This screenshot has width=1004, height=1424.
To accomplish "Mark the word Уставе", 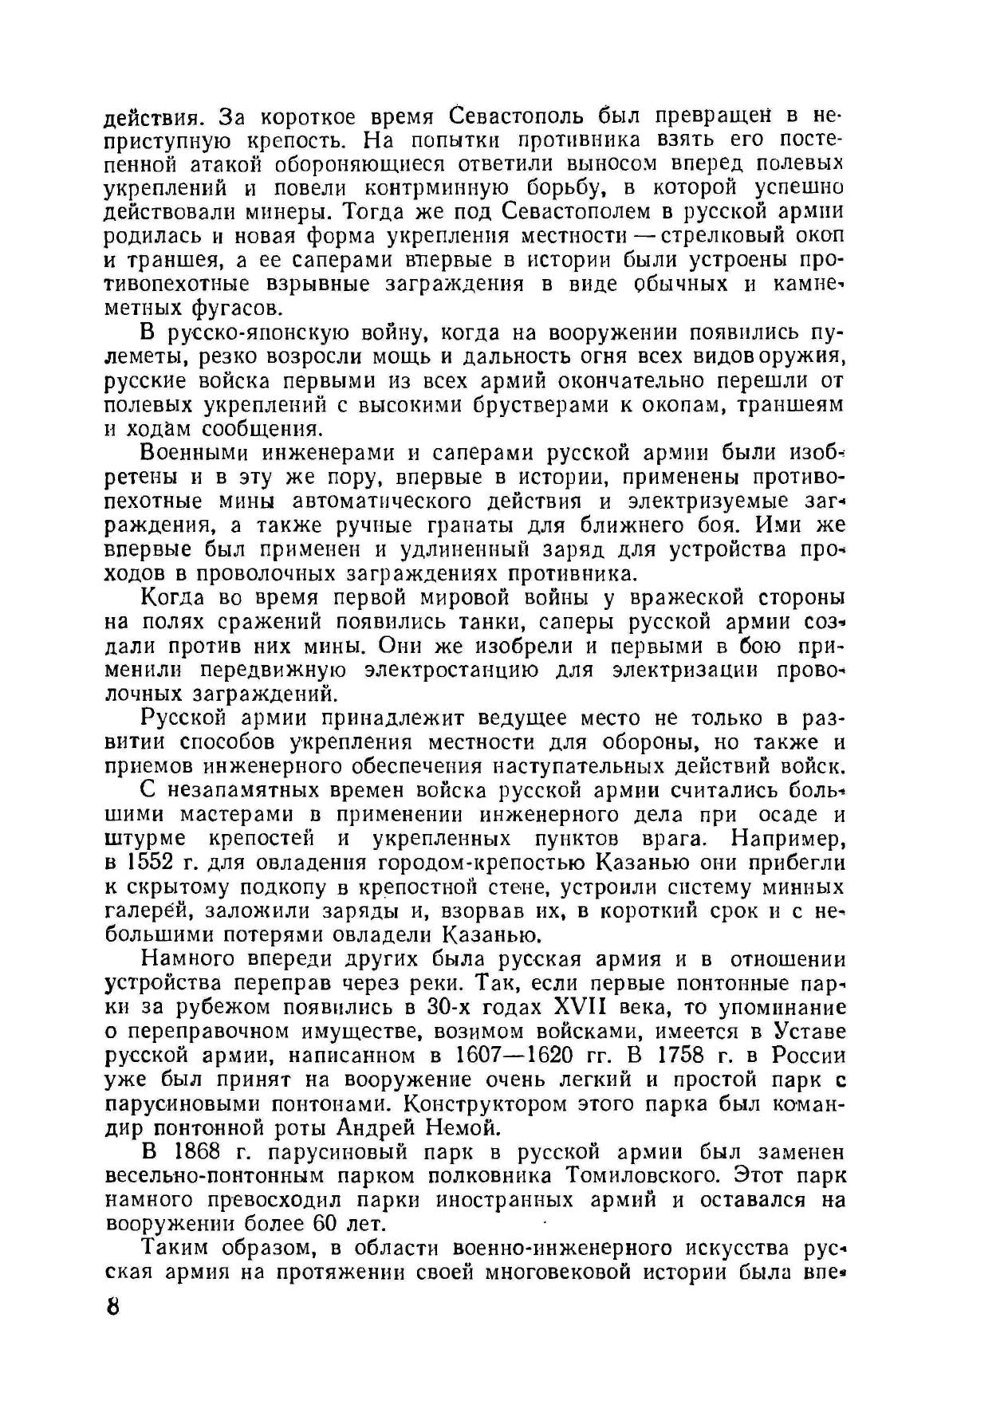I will pyautogui.click(x=809, y=1032).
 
